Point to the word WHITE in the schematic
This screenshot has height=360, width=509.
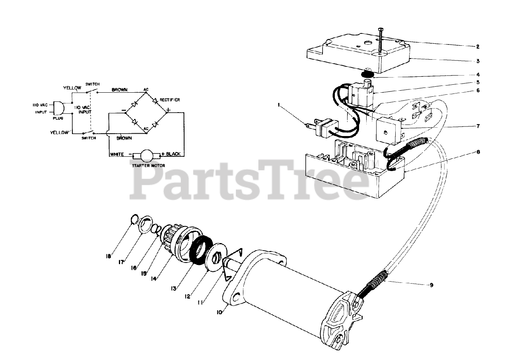click(117, 154)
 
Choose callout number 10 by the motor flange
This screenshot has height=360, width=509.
click(219, 313)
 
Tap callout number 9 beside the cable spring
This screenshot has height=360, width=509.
click(431, 285)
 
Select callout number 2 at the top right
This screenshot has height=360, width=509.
click(478, 47)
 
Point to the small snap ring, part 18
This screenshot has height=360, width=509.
click(134, 219)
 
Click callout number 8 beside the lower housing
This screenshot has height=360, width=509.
click(478, 152)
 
